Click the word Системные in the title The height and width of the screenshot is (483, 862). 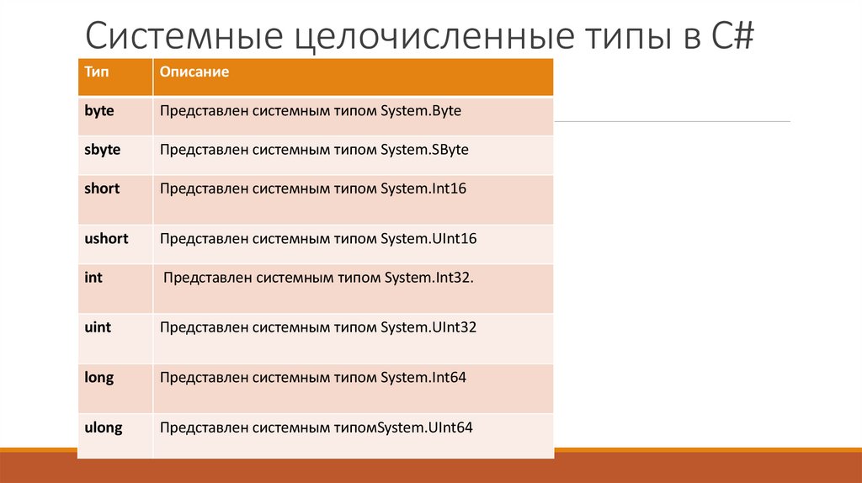[181, 37]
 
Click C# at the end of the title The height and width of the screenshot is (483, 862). [729, 37]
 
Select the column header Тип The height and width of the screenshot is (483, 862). [96, 72]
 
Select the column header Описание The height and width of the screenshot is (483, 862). [194, 72]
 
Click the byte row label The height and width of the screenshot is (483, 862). [99, 110]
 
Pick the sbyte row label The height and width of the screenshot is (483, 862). [103, 150]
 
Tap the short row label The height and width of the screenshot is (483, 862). [102, 188]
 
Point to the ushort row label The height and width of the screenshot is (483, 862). [106, 239]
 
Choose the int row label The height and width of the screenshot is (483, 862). [93, 277]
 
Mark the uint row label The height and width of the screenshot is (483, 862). [98, 327]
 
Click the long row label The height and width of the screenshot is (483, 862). [98, 378]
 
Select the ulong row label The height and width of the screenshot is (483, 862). [104, 427]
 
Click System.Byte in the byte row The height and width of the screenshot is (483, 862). [421, 110]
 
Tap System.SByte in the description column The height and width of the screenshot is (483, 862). [424, 150]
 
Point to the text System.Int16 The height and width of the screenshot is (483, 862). [423, 188]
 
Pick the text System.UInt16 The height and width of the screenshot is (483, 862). [428, 239]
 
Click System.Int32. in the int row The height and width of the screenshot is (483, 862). [429, 277]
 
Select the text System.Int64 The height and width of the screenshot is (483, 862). [423, 378]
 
